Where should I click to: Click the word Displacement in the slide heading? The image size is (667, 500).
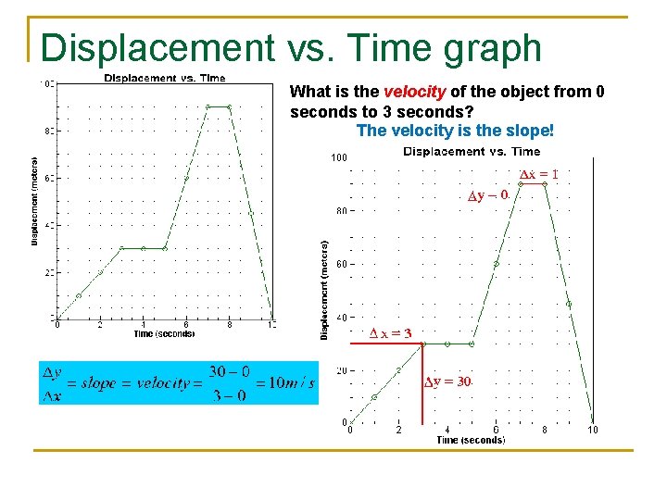point(157,48)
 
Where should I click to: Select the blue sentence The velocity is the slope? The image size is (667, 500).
point(454,131)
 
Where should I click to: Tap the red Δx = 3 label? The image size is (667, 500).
point(390,333)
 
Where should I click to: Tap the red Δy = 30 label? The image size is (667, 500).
point(448,381)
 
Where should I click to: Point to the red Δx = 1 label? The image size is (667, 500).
point(537,174)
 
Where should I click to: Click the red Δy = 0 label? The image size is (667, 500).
point(487,195)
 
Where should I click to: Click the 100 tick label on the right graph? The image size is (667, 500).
point(339,158)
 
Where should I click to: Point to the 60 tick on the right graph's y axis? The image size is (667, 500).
point(341,264)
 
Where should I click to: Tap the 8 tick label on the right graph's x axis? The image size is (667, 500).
point(545,430)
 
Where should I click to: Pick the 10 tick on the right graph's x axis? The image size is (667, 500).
point(593,430)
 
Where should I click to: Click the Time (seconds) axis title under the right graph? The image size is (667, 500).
point(471,441)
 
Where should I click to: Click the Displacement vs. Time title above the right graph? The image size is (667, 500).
point(472,152)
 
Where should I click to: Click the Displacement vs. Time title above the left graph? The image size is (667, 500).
point(164,79)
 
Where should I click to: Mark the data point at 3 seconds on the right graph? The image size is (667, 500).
point(422,344)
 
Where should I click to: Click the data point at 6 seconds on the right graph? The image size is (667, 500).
point(496,264)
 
